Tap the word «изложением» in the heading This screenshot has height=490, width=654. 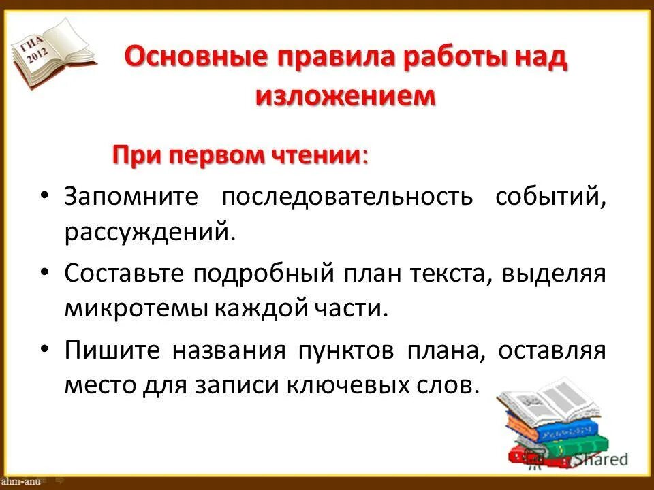pos(345,95)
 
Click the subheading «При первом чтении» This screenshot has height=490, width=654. pos(238,154)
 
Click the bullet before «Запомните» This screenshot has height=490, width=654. pos(45,196)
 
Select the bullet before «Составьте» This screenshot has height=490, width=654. pos(45,272)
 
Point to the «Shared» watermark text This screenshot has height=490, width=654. pos(599,460)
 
